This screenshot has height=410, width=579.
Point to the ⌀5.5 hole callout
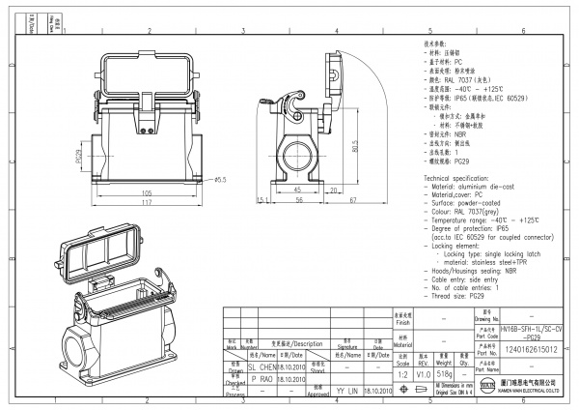pos(219,180)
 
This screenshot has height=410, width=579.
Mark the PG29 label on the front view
pos(78,154)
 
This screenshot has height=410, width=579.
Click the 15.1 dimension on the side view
pos(262,200)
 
